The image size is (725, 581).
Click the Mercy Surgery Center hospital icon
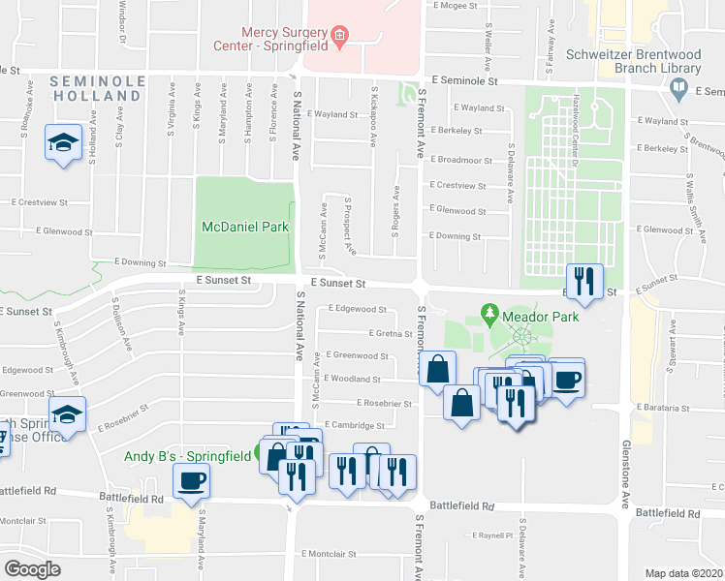point(339,37)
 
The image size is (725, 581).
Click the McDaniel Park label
point(245,227)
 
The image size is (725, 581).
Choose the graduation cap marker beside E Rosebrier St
point(67,414)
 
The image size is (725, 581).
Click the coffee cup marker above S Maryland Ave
point(191,479)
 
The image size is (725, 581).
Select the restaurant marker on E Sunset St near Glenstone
point(583,282)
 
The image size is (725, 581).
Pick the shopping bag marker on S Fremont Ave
point(438,369)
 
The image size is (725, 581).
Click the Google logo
point(32,569)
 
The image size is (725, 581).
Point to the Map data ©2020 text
point(684,573)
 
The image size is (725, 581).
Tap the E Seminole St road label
point(464,83)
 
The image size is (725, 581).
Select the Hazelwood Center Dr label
point(575,121)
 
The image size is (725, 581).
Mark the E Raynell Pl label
point(492,535)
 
